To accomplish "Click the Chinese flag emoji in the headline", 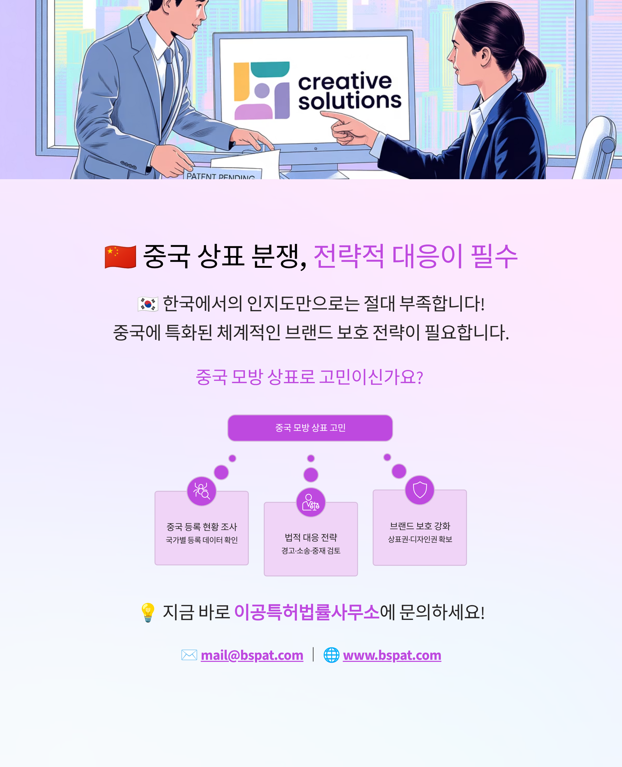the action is tap(120, 257).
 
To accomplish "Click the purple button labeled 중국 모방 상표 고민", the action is tap(310, 428).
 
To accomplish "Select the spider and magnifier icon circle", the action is tap(201, 491).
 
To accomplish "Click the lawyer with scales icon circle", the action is tap(311, 502).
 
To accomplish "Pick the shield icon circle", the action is tap(420, 490).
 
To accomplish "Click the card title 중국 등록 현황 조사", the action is tap(201, 527).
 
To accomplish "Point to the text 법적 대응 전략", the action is tap(311, 537).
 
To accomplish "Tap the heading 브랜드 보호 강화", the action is tap(420, 526).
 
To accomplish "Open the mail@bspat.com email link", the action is tap(252, 655).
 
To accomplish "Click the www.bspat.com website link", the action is tap(392, 655).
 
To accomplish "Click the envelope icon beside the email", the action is tap(189, 655).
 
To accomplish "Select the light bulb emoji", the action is tap(148, 612).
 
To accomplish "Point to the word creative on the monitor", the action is tap(345, 82).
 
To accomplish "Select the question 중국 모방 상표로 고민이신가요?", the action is tap(309, 377).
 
